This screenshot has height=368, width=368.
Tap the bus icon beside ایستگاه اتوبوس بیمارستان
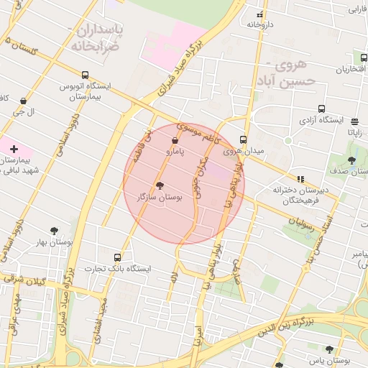[x=86, y=75]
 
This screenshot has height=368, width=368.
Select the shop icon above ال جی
[x=24, y=101]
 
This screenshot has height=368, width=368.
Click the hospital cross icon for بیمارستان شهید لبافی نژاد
[x=14, y=148]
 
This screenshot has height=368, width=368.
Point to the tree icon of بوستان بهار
[x=54, y=231]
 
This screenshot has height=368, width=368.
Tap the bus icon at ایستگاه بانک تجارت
[x=117, y=257]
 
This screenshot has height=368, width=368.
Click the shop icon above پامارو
[x=175, y=141]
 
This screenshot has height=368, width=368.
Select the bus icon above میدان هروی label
[x=244, y=139]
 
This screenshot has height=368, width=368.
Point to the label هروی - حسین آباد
[x=290, y=73]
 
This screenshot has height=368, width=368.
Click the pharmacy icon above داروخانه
[x=259, y=14]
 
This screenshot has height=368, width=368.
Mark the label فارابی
[x=357, y=10]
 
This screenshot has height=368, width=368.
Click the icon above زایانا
[x=354, y=121]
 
